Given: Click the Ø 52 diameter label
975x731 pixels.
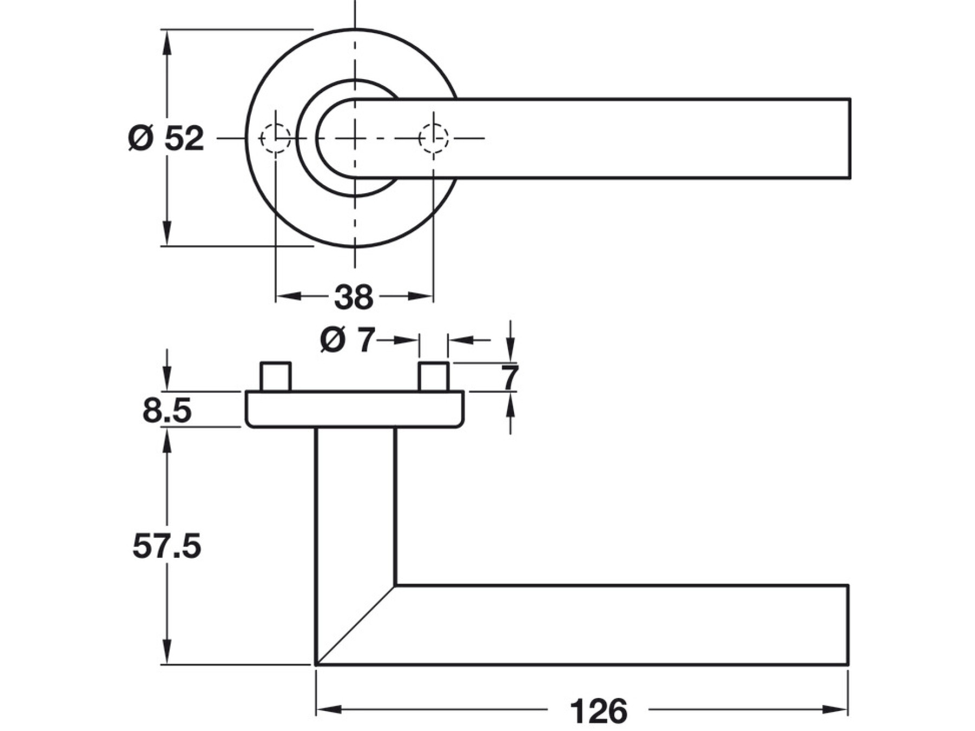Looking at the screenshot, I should (166, 138).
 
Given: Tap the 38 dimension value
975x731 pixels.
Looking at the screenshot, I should (354, 297).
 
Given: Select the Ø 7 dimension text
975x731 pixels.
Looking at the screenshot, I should (347, 341).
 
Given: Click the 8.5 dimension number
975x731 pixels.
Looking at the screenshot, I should (167, 410).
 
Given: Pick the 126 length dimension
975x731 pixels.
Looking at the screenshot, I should (599, 710).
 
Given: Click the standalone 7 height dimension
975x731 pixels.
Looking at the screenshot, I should (510, 377).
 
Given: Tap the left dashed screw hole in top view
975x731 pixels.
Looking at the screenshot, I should (276, 138).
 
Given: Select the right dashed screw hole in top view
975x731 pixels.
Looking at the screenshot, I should (433, 138).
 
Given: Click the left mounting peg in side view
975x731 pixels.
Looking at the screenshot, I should (276, 376).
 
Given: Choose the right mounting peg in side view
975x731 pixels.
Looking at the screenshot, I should (433, 376).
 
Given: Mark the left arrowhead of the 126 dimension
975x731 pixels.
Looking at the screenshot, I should (328, 709).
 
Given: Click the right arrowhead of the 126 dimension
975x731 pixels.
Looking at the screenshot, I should (835, 709).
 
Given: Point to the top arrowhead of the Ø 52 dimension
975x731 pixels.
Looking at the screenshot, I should (167, 41).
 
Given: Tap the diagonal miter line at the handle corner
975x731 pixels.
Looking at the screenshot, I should (356, 625).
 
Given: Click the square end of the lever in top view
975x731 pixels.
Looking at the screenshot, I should (849, 138).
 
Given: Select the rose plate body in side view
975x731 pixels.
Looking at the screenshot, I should (355, 409).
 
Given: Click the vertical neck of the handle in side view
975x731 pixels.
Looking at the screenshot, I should (355, 504).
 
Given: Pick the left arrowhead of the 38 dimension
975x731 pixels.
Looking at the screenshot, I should (288, 296).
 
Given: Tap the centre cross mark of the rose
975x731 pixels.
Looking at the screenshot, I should (355, 138).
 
